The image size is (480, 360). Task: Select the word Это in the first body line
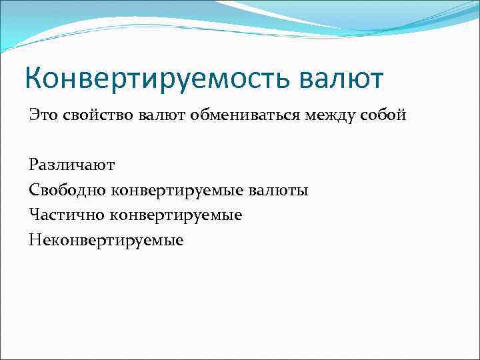pyautogui.click(x=43, y=115)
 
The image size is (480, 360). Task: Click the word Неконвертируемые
pyautogui.click(x=106, y=239)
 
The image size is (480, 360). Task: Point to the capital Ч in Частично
pyautogui.click(x=34, y=215)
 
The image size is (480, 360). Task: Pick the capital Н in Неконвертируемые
pyautogui.click(x=34, y=239)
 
